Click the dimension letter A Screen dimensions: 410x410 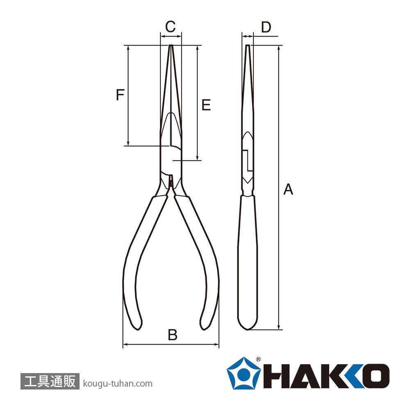coord(288,189)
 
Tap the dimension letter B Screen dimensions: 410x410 coord(173,335)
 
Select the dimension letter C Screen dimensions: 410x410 coord(171,26)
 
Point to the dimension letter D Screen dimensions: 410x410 coord(266,27)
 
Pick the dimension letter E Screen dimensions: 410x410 coord(206,105)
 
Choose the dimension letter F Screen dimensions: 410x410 coord(120,95)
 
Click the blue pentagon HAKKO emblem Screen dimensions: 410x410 coord(244,373)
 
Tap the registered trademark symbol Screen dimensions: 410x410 coord(258,359)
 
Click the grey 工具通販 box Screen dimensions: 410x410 coord(50,381)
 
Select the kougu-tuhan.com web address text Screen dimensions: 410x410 coord(118,384)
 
